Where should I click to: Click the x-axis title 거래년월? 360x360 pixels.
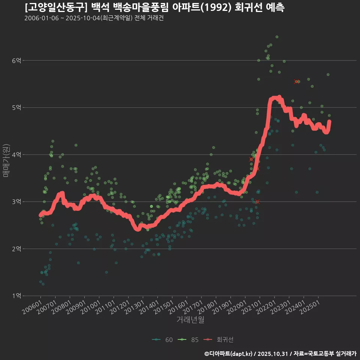point(190,320)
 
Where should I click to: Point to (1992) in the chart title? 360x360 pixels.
point(215,7)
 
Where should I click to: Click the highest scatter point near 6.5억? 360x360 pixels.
point(277,37)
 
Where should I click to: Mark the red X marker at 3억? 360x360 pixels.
point(257,201)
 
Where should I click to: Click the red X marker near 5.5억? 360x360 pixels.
point(297,81)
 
